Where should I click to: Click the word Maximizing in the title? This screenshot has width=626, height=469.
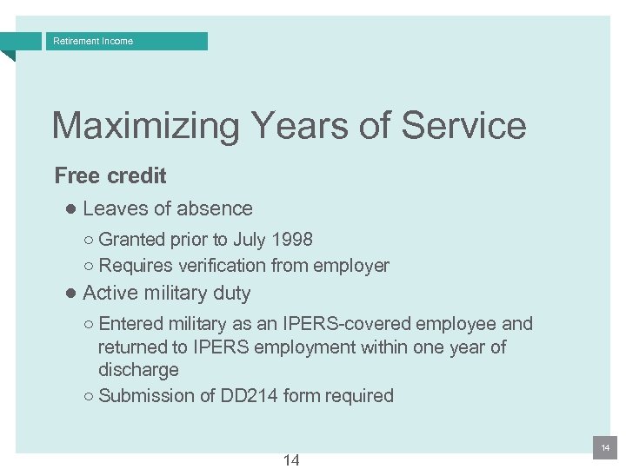click(145, 126)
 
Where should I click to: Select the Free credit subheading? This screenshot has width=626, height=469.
click(110, 176)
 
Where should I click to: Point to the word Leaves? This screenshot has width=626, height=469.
click(112, 209)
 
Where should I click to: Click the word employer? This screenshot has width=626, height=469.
click(351, 267)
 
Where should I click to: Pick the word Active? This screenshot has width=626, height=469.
click(110, 294)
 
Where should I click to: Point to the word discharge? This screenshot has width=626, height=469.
click(138, 370)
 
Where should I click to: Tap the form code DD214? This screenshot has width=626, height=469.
click(250, 396)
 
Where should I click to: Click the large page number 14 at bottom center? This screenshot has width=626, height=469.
click(291, 460)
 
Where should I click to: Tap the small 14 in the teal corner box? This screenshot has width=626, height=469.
click(605, 447)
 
